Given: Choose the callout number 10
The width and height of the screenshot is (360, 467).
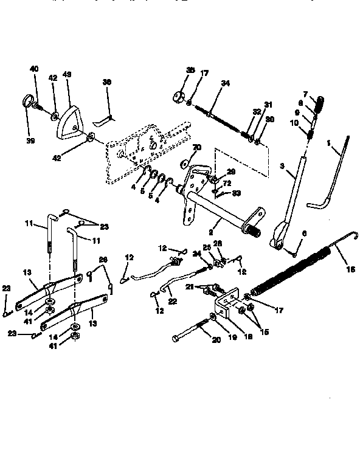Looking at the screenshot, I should [x=294, y=123].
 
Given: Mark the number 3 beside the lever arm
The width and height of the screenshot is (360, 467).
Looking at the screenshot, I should [x=282, y=166].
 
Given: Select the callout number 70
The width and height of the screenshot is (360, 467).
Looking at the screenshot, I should [x=196, y=148].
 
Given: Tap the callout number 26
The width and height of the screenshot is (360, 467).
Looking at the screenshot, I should [x=103, y=260].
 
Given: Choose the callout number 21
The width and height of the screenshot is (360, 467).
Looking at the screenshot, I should [x=190, y=286].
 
